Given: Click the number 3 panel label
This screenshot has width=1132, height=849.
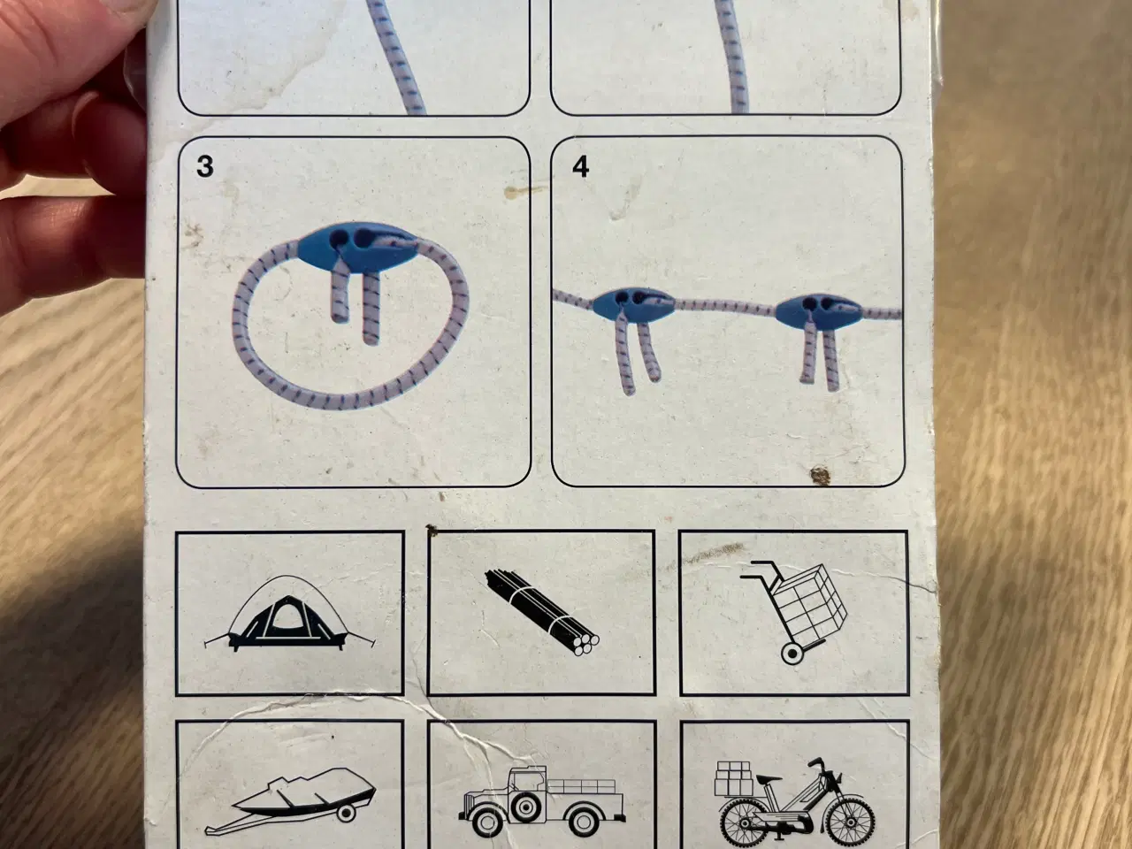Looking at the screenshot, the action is pos(205,166).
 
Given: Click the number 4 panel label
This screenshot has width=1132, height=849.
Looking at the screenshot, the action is pos(581,166).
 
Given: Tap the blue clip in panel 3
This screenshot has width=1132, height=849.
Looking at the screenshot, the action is pos(357,248).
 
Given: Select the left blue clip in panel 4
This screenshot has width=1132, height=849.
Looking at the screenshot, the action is pos(633,305).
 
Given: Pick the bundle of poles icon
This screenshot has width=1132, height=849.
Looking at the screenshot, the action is pos(541,612).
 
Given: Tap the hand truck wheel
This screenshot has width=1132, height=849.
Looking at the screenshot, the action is pos(791,654).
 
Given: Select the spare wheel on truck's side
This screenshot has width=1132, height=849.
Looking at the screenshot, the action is pos(525,808).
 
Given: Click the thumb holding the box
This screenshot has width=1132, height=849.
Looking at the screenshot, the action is pos(77,46).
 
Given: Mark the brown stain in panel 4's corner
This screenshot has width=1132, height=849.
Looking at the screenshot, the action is pos(820,476).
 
